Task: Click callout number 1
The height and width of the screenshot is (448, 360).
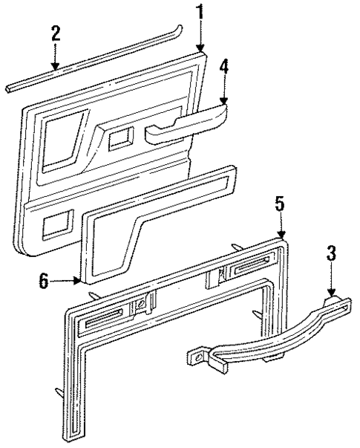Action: coord(200,12)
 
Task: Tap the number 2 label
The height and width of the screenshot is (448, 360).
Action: coord(54,34)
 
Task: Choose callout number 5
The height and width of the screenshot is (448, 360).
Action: coord(280,202)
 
